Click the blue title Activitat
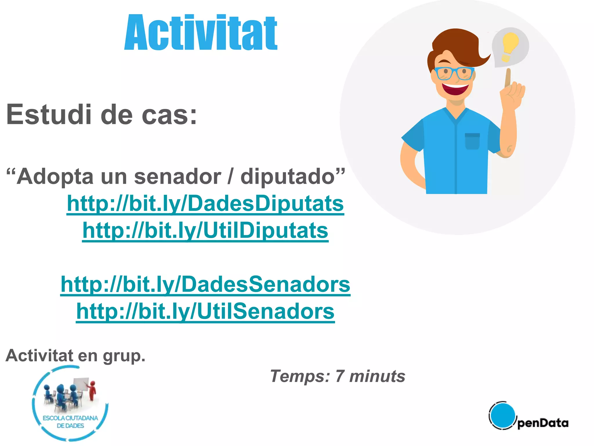pos(201,33)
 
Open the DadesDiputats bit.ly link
pos(205,204)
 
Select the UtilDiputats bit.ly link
pos(205,231)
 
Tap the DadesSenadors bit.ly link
pos(205,284)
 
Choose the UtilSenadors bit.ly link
pos(205,311)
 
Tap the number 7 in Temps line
pos(340,376)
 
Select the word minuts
pos(377,376)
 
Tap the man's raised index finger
pos(508,77)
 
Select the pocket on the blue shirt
pos(472,141)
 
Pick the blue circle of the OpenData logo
pos(502,415)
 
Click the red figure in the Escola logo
pos(93,391)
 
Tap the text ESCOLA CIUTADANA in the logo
pos(70,418)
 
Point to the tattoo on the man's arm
pos(509,149)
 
